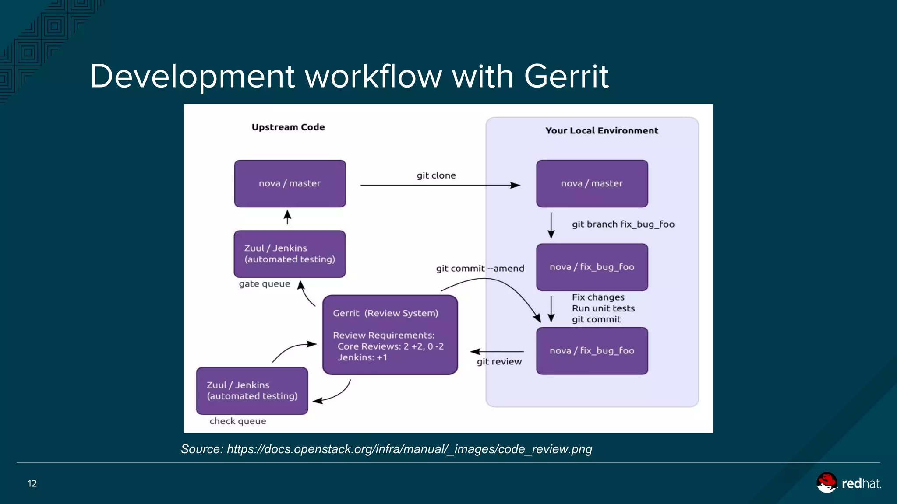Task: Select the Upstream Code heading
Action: coord(288,127)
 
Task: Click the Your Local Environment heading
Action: coord(601,131)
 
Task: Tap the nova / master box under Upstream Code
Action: coord(290,184)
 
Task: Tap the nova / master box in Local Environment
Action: coord(592,184)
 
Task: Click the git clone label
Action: coord(436,175)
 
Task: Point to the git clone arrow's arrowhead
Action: coord(516,185)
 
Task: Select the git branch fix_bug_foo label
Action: coord(623,224)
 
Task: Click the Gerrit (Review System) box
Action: coord(390,335)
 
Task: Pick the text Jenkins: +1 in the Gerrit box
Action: coord(362,357)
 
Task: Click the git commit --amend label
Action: coord(480,269)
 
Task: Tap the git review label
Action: coord(499,362)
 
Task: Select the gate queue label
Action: coord(265,284)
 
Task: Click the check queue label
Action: coord(238,421)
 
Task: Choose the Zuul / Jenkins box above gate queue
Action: coord(290,254)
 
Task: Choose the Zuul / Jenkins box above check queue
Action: coord(252,391)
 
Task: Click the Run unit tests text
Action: coord(603,308)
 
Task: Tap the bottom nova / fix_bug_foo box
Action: coord(592,351)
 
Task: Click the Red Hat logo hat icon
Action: coord(826,483)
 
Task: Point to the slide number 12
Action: coord(32,483)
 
